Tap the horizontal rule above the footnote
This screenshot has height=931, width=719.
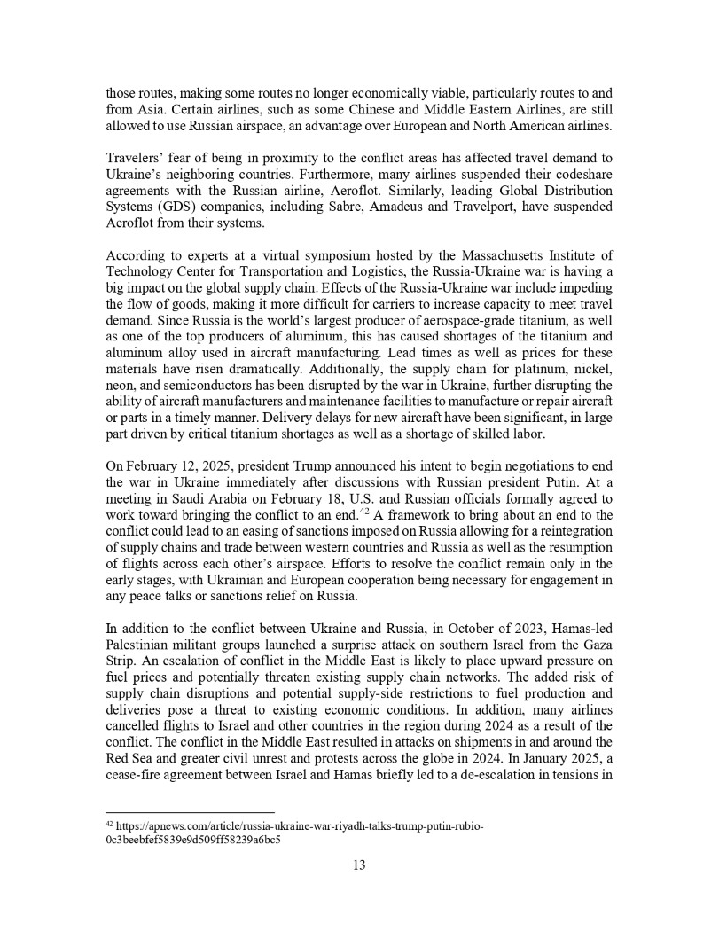point(190,811)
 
